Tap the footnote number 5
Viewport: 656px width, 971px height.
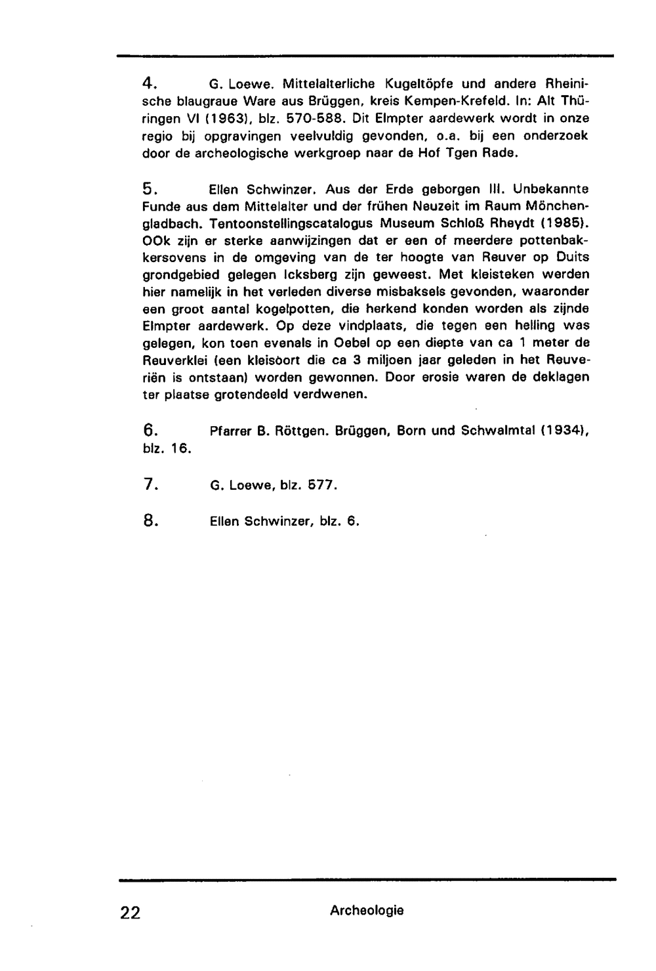[148, 189]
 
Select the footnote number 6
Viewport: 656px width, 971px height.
[148, 431]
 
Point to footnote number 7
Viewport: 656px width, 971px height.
[148, 485]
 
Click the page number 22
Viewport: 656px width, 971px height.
[130, 912]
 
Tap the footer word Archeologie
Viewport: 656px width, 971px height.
[367, 910]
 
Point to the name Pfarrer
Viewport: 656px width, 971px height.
[229, 431]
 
